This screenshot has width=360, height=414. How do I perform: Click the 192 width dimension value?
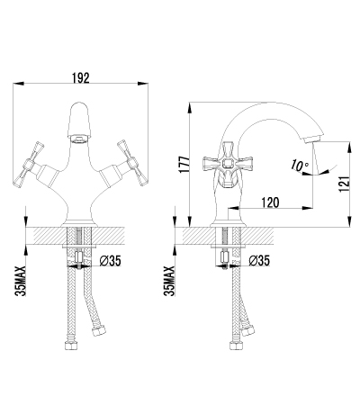(x=81, y=78)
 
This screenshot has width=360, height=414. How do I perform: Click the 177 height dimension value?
(x=184, y=164)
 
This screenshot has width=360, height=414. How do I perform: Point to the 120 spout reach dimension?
(x=270, y=202)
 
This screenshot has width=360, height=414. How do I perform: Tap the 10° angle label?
(x=299, y=166)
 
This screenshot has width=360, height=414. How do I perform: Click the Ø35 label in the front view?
(x=110, y=261)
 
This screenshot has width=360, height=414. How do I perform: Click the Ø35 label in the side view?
(x=259, y=261)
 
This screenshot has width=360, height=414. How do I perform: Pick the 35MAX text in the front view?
(x=20, y=281)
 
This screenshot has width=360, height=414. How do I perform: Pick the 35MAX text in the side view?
(x=169, y=281)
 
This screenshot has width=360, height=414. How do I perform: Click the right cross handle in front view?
(x=133, y=163)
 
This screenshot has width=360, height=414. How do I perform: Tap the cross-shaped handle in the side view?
(x=229, y=165)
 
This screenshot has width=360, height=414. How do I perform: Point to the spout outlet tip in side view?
(x=312, y=139)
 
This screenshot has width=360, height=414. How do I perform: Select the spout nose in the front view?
(x=80, y=139)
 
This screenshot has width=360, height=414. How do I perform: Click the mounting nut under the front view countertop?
(x=79, y=256)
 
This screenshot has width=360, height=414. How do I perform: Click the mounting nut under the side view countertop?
(x=225, y=256)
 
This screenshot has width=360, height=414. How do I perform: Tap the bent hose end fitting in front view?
(x=98, y=331)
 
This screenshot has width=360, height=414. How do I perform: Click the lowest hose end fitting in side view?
(x=236, y=345)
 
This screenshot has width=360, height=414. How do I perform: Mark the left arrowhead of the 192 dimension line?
(x=18, y=84)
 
